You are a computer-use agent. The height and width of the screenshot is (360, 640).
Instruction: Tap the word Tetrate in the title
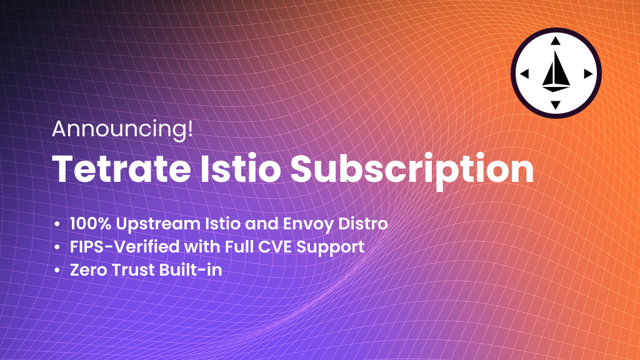coord(121,169)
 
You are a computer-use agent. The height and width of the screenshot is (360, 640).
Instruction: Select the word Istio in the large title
coord(241,169)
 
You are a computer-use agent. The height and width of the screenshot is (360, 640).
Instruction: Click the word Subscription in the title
coord(412,171)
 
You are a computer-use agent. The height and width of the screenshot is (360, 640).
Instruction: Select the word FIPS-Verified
coord(124,247)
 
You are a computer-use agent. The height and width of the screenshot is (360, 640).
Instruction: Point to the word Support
coord(331,248)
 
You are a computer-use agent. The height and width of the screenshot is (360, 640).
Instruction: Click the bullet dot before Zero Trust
coord(57,271)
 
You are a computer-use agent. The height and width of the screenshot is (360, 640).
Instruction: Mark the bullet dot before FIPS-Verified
coord(57,247)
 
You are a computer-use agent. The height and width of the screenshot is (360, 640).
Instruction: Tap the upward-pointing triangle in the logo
coord(555,41)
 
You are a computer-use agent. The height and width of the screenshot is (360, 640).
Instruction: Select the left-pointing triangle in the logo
coord(524,74)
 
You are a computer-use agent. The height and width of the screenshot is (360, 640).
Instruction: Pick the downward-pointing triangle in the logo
coord(555,105)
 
